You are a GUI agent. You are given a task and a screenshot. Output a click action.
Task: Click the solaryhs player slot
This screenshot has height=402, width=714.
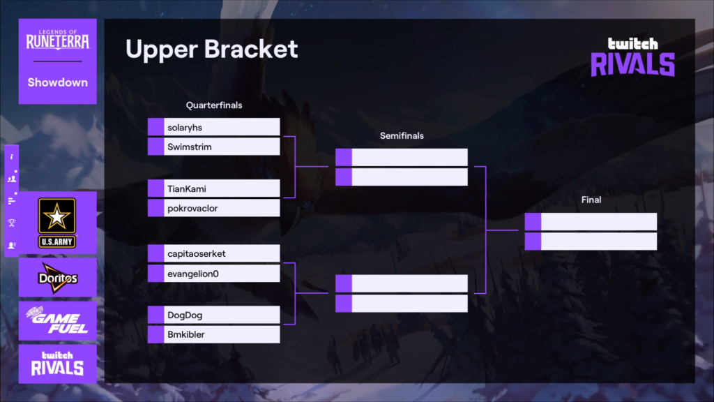point(213,127)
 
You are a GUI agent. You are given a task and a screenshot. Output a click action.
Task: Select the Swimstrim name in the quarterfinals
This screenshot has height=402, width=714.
point(213,147)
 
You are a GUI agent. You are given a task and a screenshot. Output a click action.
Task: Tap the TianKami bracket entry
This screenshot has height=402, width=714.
point(213,188)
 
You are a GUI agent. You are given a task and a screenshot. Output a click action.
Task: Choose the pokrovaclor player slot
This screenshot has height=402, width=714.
point(213,208)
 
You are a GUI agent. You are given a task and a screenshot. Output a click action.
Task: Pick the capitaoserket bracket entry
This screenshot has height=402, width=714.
point(213,253)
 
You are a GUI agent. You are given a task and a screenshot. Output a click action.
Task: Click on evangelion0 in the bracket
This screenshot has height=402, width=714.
point(213,274)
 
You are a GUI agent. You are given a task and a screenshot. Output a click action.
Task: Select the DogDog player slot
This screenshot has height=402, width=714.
point(213,315)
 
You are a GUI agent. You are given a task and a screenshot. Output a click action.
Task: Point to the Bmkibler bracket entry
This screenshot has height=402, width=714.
point(213,334)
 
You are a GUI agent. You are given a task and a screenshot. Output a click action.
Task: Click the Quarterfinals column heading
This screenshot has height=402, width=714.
point(213,105)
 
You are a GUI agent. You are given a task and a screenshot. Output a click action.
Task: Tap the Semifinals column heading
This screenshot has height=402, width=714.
point(402,135)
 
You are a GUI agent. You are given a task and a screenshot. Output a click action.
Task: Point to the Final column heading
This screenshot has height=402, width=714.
point(591,200)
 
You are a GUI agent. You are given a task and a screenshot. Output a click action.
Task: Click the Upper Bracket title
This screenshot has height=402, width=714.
point(211,49)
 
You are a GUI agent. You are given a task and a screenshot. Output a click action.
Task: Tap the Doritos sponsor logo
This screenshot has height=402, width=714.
point(57,278)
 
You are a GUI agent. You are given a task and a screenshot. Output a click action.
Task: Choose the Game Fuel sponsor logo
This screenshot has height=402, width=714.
point(57,321)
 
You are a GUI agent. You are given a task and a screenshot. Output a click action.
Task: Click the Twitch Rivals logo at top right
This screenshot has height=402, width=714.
point(632,56)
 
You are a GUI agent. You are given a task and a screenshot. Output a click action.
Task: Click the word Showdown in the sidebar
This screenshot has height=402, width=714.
point(57,82)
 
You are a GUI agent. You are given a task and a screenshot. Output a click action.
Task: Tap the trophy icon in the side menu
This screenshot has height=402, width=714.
point(11,223)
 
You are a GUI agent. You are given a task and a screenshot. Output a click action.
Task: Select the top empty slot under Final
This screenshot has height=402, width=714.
point(591,222)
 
